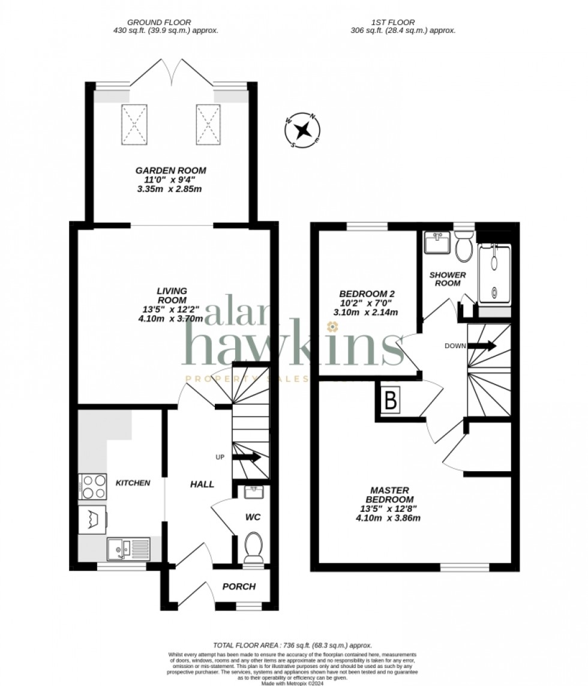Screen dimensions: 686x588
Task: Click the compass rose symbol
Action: pyautogui.click(x=304, y=129)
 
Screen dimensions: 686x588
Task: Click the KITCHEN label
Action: pyautogui.click(x=133, y=483)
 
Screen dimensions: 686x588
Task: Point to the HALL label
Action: pyautogui.click(x=202, y=484)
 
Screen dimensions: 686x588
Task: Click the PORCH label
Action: pyautogui.click(x=239, y=586)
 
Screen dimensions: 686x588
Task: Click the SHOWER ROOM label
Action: pyautogui.click(x=445, y=279)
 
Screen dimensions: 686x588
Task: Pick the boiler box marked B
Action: pyautogui.click(x=391, y=401)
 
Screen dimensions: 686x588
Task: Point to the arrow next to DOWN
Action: pyautogui.click(x=482, y=346)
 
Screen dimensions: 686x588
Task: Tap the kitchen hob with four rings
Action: pyautogui.click(x=93, y=487)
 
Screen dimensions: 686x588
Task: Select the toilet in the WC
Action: pyautogui.click(x=253, y=548)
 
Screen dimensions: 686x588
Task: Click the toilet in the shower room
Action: pyautogui.click(x=463, y=248)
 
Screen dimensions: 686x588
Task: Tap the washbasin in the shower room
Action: pyautogui.click(x=436, y=242)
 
